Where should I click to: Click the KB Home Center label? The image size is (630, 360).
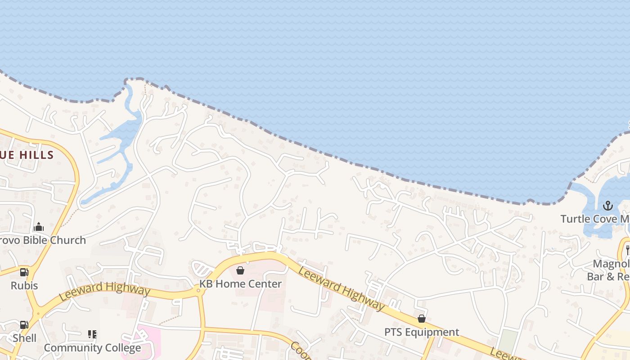coord(241,284)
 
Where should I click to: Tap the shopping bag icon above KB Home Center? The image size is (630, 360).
coord(240,270)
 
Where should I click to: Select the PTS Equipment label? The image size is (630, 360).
coord(422,332)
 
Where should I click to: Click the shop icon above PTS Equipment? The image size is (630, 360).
coord(422,319)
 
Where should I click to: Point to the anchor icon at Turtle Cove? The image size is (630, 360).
coord(608,206)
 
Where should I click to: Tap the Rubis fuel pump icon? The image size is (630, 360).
coord(24,272)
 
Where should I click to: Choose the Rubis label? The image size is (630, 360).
coord(24,286)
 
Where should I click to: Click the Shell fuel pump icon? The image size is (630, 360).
coord(24,325)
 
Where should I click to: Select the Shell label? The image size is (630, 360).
coord(24,338)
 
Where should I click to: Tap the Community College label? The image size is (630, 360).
coord(92,348)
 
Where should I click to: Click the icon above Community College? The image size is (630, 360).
coord(92,334)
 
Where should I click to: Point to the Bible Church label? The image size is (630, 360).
coord(43,240)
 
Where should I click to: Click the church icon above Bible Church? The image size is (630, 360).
coord(39,227)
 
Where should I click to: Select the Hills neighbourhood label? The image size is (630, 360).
coord(27,155)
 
